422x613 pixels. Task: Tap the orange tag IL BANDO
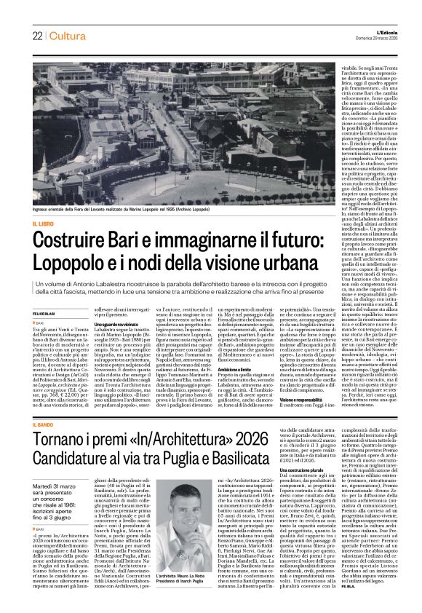(45, 424)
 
